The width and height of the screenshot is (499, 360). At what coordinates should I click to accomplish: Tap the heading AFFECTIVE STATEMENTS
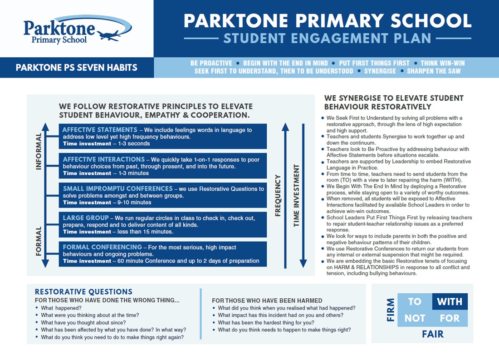pos(100,130)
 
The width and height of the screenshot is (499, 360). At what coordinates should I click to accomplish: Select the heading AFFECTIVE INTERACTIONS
pos(103,159)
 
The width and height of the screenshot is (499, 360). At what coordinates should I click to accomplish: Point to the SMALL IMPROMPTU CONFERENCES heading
pos(117,188)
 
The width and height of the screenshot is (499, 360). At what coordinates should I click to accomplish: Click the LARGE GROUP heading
pos(86,218)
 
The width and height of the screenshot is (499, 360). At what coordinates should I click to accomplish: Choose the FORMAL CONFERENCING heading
pos(102,247)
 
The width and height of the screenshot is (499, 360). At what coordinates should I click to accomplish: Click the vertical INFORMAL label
pos(39,151)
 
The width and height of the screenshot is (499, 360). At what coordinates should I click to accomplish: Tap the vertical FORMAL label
pos(39,241)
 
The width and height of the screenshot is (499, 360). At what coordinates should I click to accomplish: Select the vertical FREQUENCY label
pos(278,195)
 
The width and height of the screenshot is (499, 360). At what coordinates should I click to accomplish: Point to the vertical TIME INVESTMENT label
pos(296,195)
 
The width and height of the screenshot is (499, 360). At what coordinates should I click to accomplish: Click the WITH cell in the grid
pos(449,302)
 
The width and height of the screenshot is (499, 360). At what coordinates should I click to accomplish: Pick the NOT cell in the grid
pos(415,318)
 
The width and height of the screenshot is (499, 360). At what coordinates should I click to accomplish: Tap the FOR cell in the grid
pos(449,318)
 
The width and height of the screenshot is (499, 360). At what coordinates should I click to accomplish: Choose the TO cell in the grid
pos(415,302)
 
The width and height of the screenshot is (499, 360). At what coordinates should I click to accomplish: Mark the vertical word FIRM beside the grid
pos(391,310)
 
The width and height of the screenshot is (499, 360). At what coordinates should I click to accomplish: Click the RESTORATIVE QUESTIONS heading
pos(83,292)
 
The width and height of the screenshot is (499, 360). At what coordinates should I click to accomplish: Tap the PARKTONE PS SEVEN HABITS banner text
pos(76,68)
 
